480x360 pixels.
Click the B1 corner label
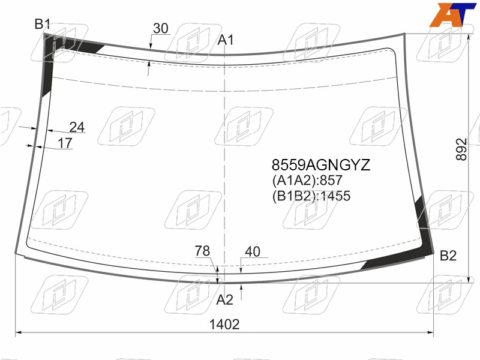(x=42, y=24)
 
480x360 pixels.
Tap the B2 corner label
(x=448, y=256)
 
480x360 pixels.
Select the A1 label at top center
(x=226, y=40)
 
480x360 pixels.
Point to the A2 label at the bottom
(x=224, y=300)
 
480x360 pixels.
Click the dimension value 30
(x=161, y=28)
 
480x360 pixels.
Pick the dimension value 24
(x=77, y=127)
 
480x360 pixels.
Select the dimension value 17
(x=65, y=143)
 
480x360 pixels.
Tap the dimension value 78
(x=202, y=251)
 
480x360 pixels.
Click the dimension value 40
(x=253, y=251)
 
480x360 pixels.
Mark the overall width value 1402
(x=224, y=325)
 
